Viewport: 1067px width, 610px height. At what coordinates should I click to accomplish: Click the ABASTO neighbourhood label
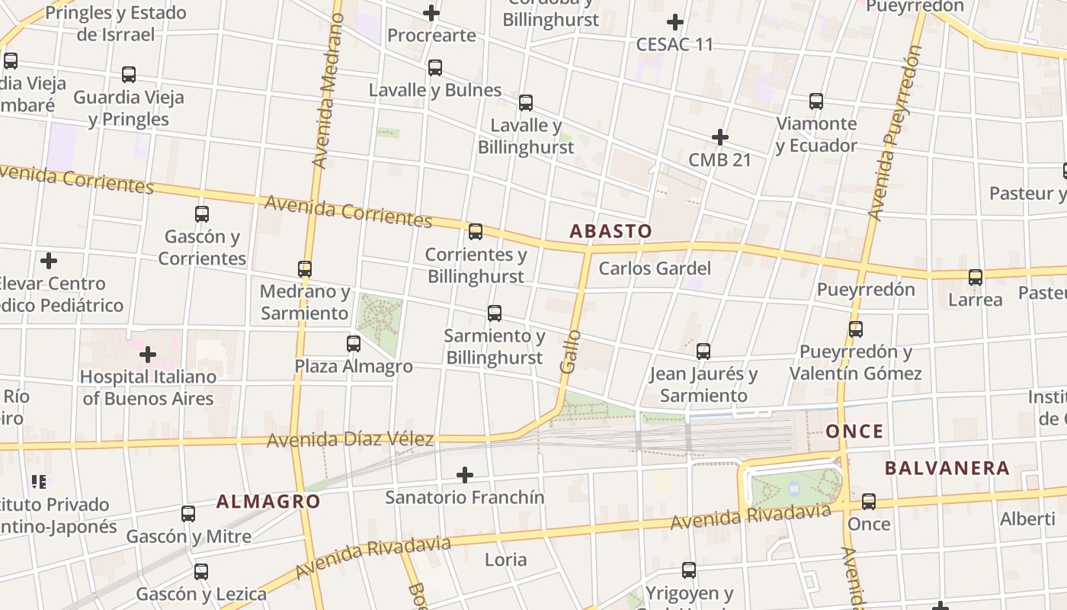click(x=610, y=231)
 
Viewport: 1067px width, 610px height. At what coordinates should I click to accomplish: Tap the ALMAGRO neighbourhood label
click(x=268, y=501)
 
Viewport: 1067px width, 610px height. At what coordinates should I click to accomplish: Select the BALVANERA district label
click(x=947, y=467)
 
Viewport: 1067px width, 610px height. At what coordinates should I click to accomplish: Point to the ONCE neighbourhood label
click(x=854, y=432)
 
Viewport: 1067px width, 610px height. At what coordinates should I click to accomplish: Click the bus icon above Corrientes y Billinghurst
click(x=476, y=231)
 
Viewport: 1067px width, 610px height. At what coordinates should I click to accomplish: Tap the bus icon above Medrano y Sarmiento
click(x=305, y=268)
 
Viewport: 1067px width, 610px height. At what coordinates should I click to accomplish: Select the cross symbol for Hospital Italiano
click(x=148, y=355)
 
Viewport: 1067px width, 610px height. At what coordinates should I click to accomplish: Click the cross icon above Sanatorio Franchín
click(x=464, y=475)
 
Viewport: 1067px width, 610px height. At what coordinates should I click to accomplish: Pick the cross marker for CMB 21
click(x=719, y=137)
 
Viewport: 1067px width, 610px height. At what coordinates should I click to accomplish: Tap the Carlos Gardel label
click(x=655, y=268)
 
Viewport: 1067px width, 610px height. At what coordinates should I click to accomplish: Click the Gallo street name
click(x=569, y=352)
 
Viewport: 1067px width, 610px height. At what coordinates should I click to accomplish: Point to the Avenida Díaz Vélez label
click(x=350, y=439)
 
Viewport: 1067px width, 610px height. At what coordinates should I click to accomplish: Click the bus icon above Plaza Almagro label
click(x=354, y=344)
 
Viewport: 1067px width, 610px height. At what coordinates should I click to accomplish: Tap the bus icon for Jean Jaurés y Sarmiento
click(x=703, y=352)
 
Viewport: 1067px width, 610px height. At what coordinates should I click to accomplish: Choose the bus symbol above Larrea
click(x=976, y=278)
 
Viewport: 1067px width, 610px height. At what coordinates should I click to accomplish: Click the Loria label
click(x=505, y=560)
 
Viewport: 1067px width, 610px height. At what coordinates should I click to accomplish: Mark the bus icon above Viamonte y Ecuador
click(x=816, y=101)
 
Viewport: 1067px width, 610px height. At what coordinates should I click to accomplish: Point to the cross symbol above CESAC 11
click(x=674, y=22)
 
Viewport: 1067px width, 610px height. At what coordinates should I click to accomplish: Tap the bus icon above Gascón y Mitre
click(x=188, y=514)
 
